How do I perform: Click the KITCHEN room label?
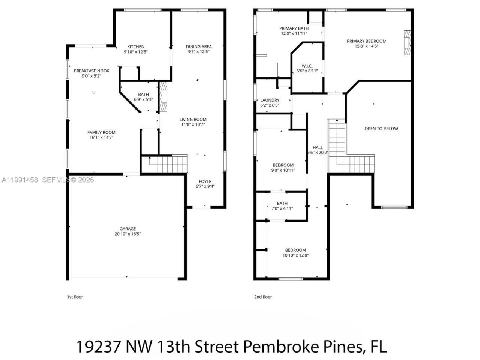(136, 47)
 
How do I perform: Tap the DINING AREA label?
(199, 47)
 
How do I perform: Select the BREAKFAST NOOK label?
(91, 71)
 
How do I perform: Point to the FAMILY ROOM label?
(101, 132)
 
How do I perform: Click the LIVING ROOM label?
(193, 120)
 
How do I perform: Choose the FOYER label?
(205, 181)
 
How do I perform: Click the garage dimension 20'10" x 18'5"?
(128, 234)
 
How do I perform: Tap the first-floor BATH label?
(143, 94)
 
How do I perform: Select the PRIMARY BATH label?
(294, 28)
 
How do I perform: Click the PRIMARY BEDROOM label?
(366, 41)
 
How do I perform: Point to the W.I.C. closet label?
(307, 66)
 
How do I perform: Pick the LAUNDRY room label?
(270, 100)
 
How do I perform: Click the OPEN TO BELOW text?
(381, 129)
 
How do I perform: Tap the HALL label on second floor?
(318, 148)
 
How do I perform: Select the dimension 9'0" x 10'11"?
(283, 170)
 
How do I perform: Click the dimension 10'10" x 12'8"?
(295, 255)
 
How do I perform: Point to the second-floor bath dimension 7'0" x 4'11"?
(282, 208)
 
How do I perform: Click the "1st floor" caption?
(75, 297)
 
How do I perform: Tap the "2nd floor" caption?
(263, 297)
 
